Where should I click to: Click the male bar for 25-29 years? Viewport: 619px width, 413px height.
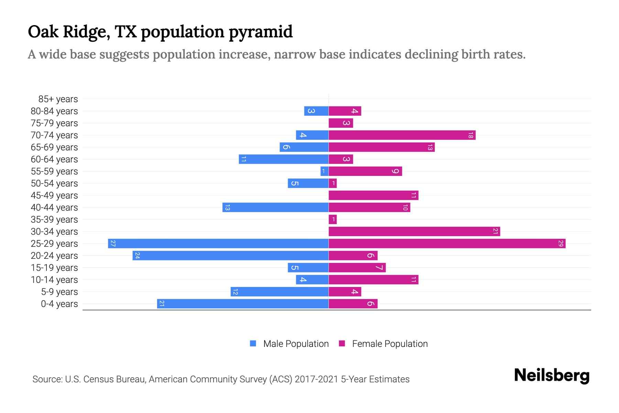click(218, 243)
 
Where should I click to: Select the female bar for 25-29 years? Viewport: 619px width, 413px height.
click(447, 243)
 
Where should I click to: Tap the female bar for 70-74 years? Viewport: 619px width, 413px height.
click(402, 135)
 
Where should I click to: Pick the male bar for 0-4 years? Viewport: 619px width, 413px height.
click(243, 304)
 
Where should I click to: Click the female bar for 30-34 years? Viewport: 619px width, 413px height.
click(414, 231)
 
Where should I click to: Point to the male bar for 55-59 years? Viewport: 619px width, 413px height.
click(324, 171)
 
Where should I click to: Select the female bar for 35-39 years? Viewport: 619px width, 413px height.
click(333, 219)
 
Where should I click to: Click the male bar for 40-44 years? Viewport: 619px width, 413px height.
click(275, 207)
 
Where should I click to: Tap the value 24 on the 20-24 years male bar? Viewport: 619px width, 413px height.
click(137, 255)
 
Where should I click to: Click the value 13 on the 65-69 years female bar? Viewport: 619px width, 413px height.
click(430, 147)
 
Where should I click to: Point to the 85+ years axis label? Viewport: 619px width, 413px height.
click(58, 99)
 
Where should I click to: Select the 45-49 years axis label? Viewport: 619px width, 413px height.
click(54, 195)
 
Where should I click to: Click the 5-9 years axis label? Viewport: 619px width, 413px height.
click(59, 292)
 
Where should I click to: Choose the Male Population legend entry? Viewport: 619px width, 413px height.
click(295, 343)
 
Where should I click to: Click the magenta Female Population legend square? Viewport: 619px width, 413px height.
click(342, 343)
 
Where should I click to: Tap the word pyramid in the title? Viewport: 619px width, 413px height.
click(260, 32)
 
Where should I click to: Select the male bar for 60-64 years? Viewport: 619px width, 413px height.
click(283, 159)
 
